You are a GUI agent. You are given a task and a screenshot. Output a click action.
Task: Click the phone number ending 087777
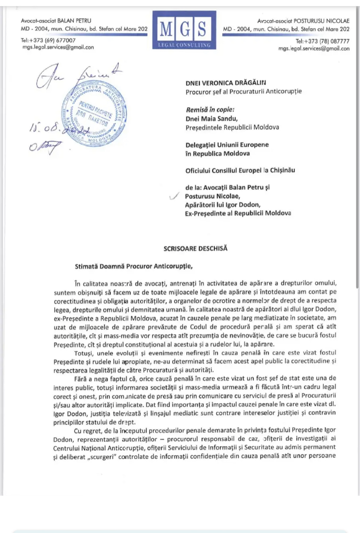[323, 41]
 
